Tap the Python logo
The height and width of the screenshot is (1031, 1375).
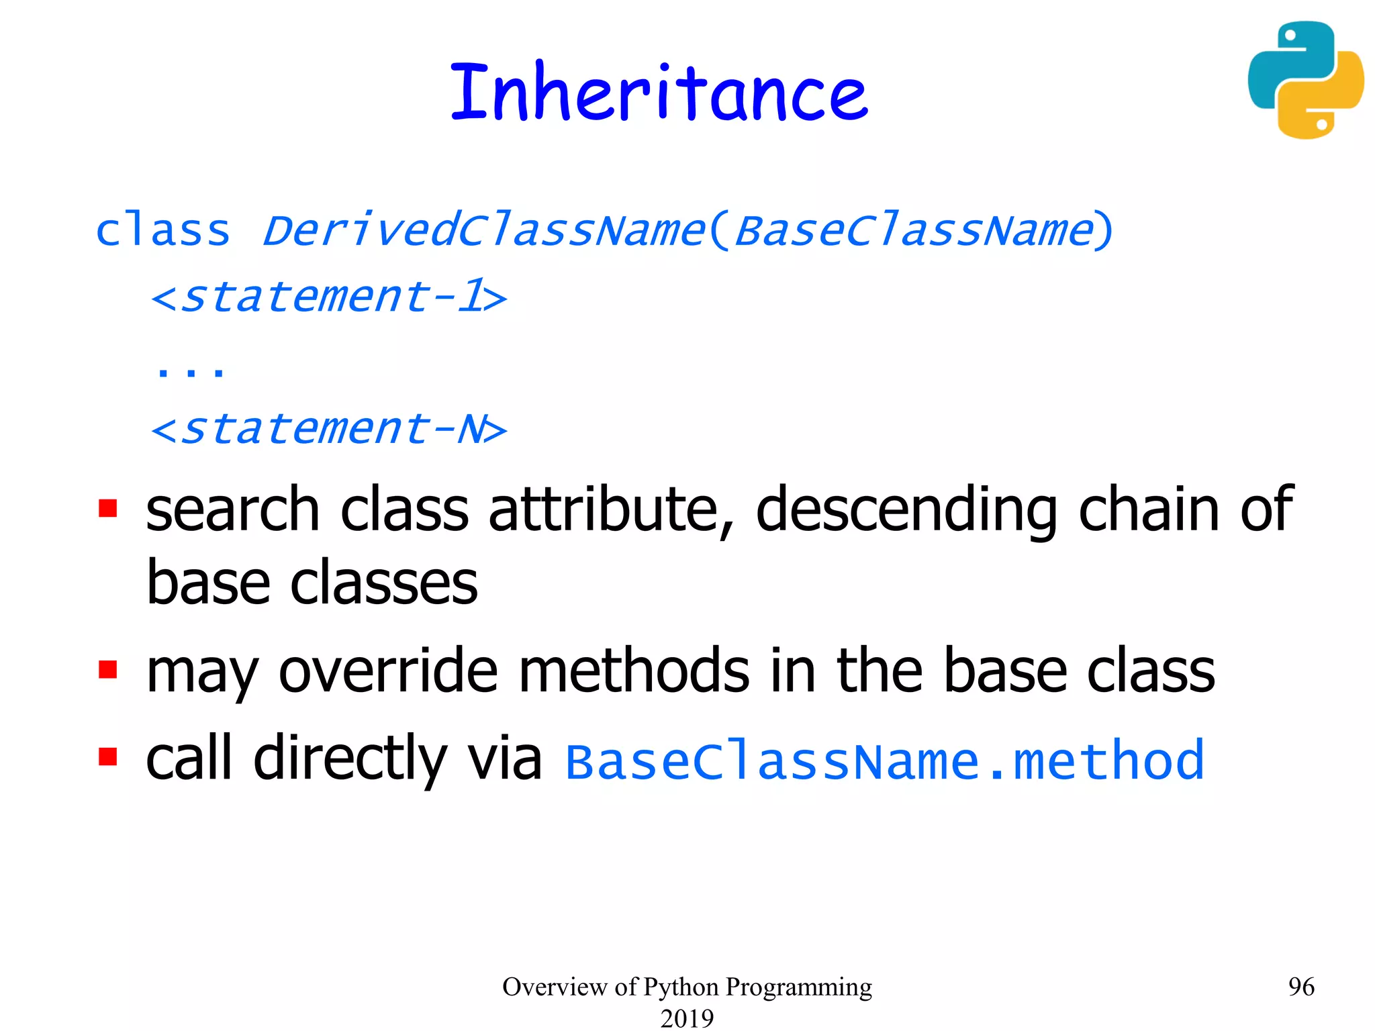[1305, 80]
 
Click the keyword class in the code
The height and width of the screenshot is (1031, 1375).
[163, 231]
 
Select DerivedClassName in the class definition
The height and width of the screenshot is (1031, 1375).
[483, 231]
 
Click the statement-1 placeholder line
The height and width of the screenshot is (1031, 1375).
[329, 297]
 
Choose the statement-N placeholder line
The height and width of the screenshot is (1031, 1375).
[329, 429]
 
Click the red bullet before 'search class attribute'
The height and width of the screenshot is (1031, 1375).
[107, 508]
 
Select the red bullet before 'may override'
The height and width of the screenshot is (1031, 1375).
[107, 669]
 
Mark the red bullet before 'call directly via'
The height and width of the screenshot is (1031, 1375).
[107, 756]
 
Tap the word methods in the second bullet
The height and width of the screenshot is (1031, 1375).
[634, 671]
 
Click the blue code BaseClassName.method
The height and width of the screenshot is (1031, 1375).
[885, 761]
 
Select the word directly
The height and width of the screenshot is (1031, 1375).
[350, 759]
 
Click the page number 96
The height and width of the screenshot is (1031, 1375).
[1301, 987]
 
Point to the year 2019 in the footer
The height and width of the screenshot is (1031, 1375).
[687, 1018]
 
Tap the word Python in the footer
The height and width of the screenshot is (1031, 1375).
[681, 987]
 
